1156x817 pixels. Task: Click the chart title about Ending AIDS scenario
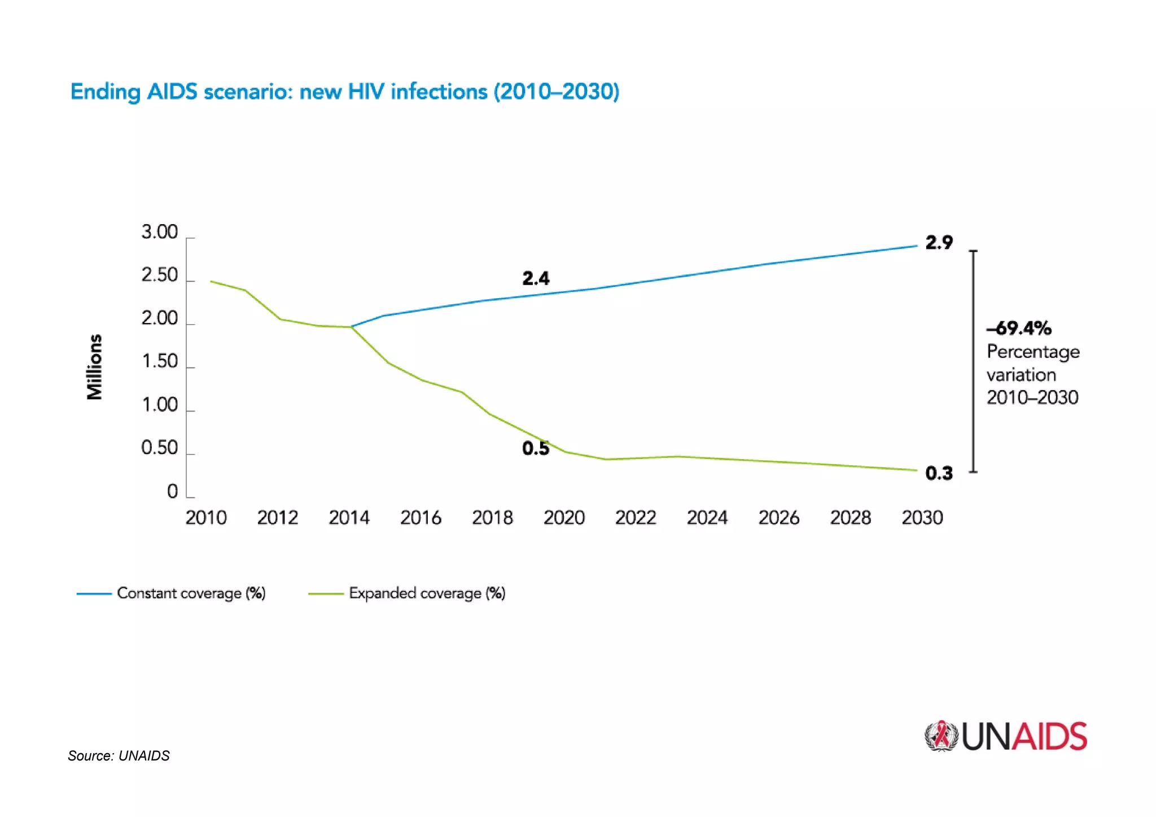tap(344, 91)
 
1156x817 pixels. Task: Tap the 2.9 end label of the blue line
tap(939, 243)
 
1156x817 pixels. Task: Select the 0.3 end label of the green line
tap(939, 473)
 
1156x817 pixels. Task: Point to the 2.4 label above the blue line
tap(535, 278)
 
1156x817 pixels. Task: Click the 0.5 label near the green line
tap(535, 448)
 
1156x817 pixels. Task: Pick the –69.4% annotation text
tap(1018, 328)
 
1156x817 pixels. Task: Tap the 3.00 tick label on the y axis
tap(159, 232)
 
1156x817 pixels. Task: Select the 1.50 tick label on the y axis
tap(159, 361)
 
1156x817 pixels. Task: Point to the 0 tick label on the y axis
tap(172, 492)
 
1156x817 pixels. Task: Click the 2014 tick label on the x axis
tap(349, 518)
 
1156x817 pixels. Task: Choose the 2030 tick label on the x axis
tap(922, 518)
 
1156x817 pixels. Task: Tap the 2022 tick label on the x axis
tap(636, 518)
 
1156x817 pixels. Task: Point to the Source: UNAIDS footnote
tap(119, 756)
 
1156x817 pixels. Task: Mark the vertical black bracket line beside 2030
tap(973, 361)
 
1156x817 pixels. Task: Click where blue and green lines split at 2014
tap(352, 327)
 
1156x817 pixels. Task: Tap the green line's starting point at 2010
tap(211, 281)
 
